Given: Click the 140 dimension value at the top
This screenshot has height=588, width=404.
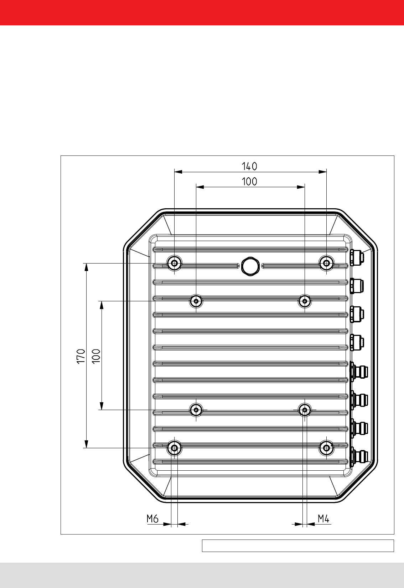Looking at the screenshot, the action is click(249, 166).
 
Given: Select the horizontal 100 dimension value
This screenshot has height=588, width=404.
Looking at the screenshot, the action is click(249, 181).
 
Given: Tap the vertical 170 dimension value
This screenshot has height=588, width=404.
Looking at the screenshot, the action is click(81, 356).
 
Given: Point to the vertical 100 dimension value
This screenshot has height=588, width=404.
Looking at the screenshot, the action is click(97, 356).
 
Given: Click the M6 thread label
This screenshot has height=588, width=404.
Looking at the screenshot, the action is click(152, 518).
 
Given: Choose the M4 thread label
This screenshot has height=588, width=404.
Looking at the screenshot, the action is click(323, 518).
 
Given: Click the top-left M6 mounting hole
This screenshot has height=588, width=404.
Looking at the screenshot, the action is click(175, 263).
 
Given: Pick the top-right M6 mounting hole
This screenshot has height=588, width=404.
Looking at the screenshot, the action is click(326, 263).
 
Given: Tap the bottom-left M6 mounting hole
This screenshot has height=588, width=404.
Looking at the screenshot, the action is click(175, 448).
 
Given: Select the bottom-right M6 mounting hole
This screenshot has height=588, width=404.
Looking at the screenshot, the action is click(326, 448).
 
